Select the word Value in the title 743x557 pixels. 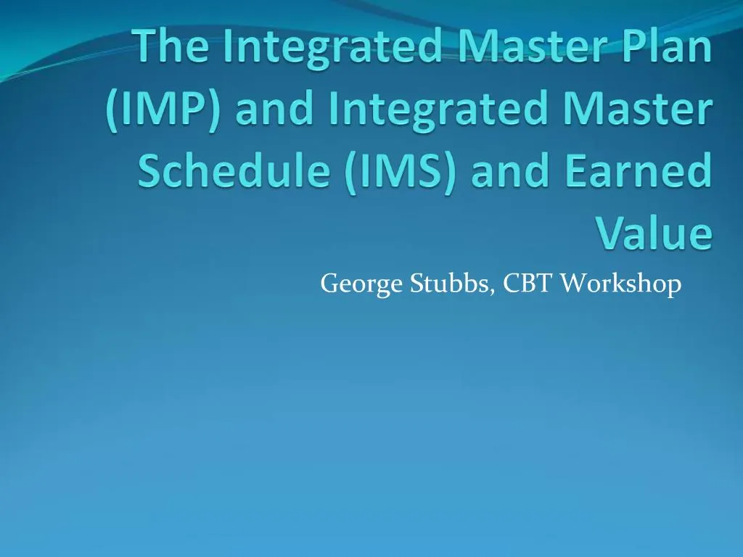653,234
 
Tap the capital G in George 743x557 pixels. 329,284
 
